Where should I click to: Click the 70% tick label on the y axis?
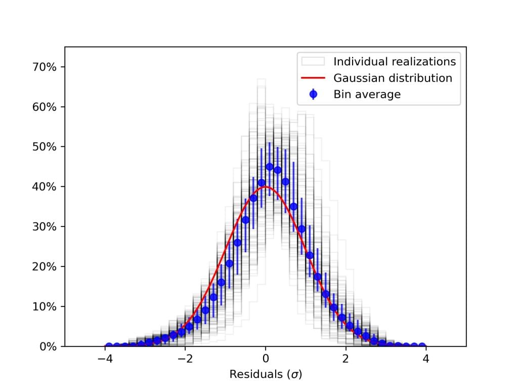46,67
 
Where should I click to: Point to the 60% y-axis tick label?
46,107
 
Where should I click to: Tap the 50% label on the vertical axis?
46,147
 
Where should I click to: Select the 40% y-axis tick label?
46,187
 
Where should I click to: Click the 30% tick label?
46,227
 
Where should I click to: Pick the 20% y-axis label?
46,267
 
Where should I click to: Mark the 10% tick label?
46,307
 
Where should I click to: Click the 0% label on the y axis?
49,346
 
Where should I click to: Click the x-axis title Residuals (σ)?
266,375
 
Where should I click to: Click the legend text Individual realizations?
395,62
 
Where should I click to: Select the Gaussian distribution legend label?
393,78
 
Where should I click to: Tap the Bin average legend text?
367,94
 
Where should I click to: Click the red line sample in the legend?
313,78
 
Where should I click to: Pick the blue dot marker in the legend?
313,94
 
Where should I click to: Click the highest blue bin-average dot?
270,167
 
